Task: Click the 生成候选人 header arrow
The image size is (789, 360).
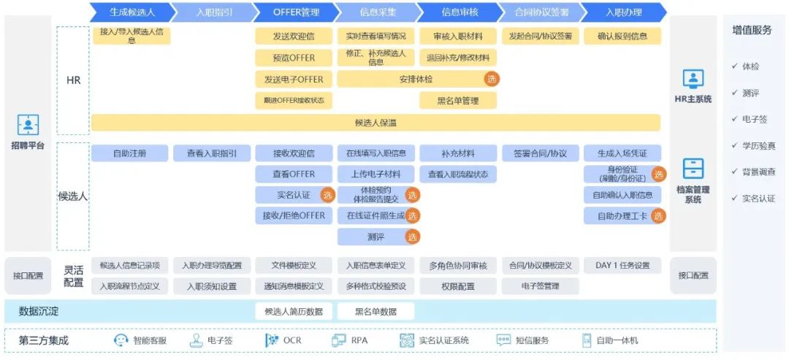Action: coord(132,12)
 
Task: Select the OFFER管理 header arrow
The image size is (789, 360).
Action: coord(296,12)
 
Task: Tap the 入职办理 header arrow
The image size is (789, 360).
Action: coord(623,12)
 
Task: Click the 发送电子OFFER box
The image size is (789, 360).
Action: coord(294,79)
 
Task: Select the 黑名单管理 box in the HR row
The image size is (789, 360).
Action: coord(457,101)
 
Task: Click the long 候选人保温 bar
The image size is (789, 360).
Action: coord(376,123)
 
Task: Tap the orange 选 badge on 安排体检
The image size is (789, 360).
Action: coord(492,79)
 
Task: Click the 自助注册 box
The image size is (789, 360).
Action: coord(129,153)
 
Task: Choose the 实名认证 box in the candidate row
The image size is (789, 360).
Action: coord(294,195)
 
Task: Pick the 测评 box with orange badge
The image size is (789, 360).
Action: coord(376,237)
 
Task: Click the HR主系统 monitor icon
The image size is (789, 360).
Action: coord(693,79)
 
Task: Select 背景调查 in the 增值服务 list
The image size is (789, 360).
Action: coord(759,172)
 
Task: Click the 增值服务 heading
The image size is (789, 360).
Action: coord(752,30)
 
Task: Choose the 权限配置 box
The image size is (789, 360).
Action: coord(457,286)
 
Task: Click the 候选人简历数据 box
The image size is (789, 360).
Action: coord(294,312)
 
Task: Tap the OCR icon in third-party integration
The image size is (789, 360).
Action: coord(272,340)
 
